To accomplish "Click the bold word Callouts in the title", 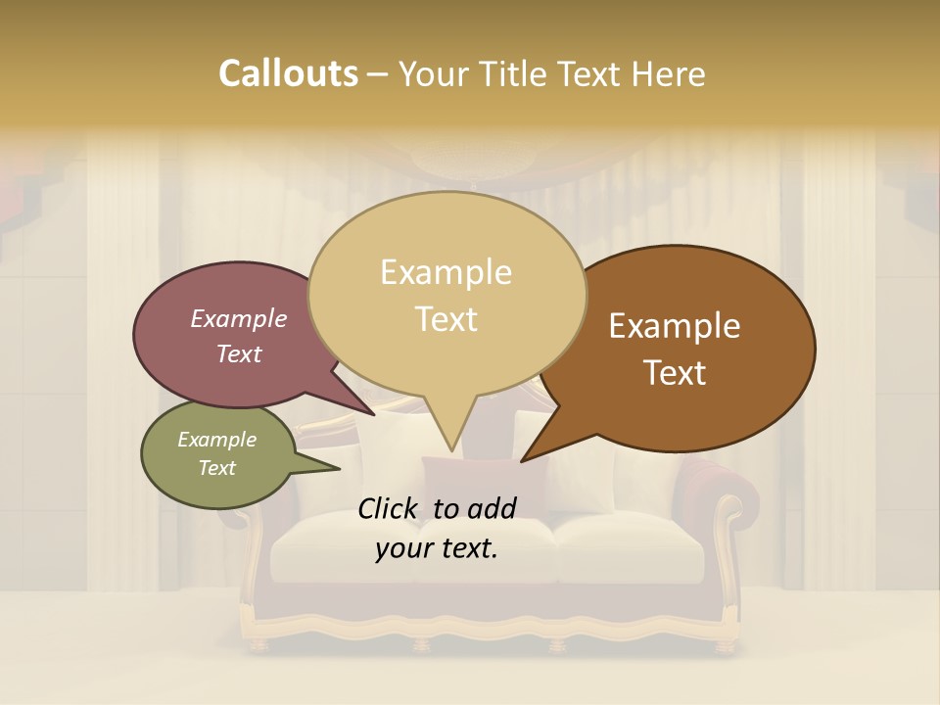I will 288,73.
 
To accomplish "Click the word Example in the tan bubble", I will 446,272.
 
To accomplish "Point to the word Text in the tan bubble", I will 446,319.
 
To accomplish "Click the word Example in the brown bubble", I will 675,326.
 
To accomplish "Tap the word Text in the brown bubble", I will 675,373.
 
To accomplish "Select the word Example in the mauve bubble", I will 238,319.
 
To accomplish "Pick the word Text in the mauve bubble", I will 238,354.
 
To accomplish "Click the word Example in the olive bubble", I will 216,440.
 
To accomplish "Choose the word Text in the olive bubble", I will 216,468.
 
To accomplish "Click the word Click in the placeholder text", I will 390,508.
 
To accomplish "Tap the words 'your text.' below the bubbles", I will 437,548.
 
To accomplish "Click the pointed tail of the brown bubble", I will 525,458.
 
